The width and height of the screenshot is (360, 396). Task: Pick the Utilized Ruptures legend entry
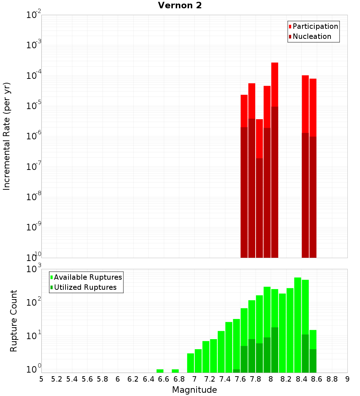[x=85, y=287]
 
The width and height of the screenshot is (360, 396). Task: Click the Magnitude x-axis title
[x=194, y=390]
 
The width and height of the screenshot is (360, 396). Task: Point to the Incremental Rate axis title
[x=7, y=136]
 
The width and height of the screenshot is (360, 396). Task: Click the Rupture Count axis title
[x=14, y=320]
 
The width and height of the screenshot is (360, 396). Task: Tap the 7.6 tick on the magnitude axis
[x=240, y=379]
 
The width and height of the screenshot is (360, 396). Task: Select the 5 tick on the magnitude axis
[x=41, y=379]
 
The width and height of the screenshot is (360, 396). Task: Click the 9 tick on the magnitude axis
[x=347, y=379]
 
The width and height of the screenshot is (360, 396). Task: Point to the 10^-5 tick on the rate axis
[x=34, y=106]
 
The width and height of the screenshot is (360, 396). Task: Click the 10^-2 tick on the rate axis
[x=34, y=15]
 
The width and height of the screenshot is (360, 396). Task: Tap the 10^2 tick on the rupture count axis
[x=34, y=302]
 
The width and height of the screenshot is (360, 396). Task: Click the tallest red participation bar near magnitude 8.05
[x=275, y=85]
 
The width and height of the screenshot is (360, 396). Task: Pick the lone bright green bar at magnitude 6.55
[x=160, y=371]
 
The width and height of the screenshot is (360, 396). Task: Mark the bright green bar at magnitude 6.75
[x=175, y=371]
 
